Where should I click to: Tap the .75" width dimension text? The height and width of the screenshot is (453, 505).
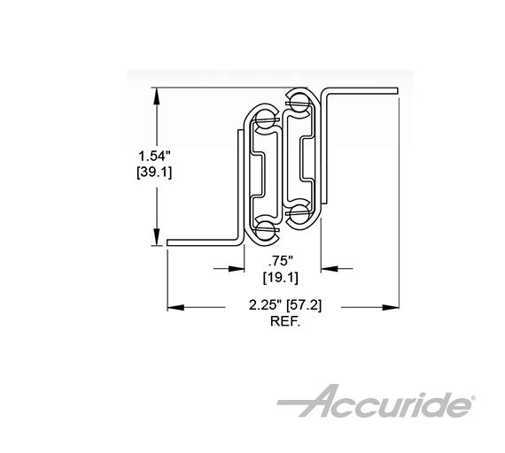click(x=282, y=262)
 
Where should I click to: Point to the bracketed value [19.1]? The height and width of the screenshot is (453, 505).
click(x=282, y=278)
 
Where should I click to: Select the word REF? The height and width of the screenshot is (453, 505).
click(x=286, y=323)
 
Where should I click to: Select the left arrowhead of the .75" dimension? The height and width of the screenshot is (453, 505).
click(x=238, y=265)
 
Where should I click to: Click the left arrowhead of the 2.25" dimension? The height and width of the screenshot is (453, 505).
click(x=173, y=307)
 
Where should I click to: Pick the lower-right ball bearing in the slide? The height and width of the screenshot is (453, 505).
click(x=299, y=214)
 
